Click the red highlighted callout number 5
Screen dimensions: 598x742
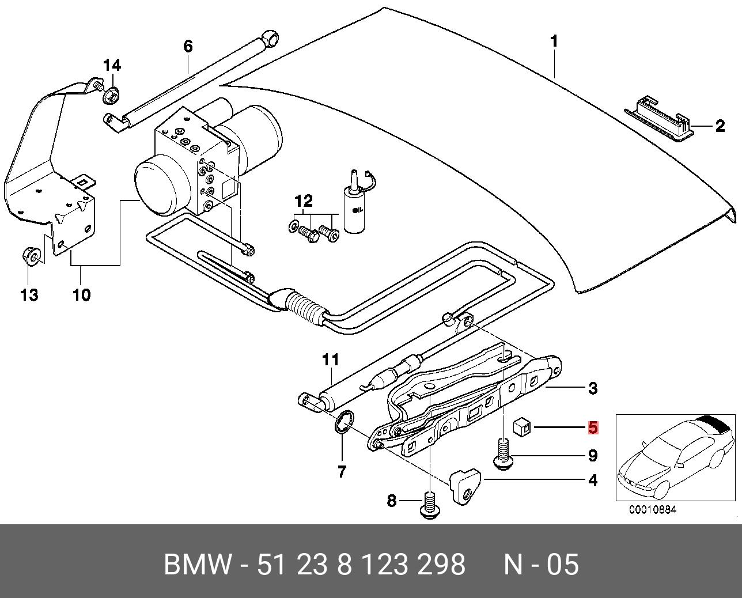[x=593, y=428]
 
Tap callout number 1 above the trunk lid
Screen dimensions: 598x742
[x=554, y=41]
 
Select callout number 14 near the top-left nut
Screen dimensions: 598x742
[x=112, y=65]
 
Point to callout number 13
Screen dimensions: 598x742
[x=29, y=296]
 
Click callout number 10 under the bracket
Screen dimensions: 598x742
[x=81, y=296]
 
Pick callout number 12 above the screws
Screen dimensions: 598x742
[x=304, y=201]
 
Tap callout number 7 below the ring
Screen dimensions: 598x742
[x=342, y=472]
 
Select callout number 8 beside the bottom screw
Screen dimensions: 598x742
[x=392, y=501]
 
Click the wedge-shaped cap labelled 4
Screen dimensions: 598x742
[x=465, y=485]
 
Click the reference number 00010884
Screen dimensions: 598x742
[x=653, y=509]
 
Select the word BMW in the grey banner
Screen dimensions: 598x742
[x=198, y=565]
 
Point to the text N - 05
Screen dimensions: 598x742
[x=541, y=565]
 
